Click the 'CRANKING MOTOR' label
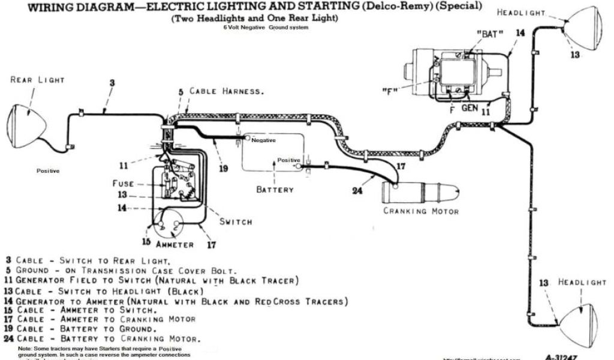[422, 211]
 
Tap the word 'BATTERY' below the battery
[275, 190]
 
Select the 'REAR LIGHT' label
[37, 80]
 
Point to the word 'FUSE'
[123, 183]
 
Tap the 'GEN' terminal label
[469, 109]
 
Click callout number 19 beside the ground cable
[224, 169]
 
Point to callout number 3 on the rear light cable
[112, 83]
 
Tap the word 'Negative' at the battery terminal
[263, 140]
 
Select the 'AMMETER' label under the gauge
[174, 245]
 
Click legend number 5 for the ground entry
[8, 270]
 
